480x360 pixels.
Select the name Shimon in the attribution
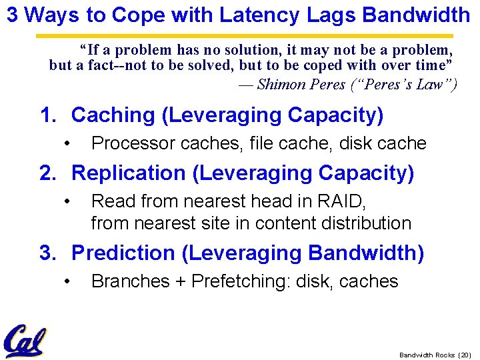click(281, 84)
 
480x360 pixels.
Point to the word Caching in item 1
click(113, 115)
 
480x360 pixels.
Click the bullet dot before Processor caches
click(67, 144)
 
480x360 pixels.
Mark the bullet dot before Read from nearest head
click(67, 201)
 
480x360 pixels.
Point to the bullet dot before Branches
click(67, 282)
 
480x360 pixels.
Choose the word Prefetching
click(239, 282)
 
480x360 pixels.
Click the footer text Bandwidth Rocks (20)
click(435, 355)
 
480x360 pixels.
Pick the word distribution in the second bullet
click(371, 223)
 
